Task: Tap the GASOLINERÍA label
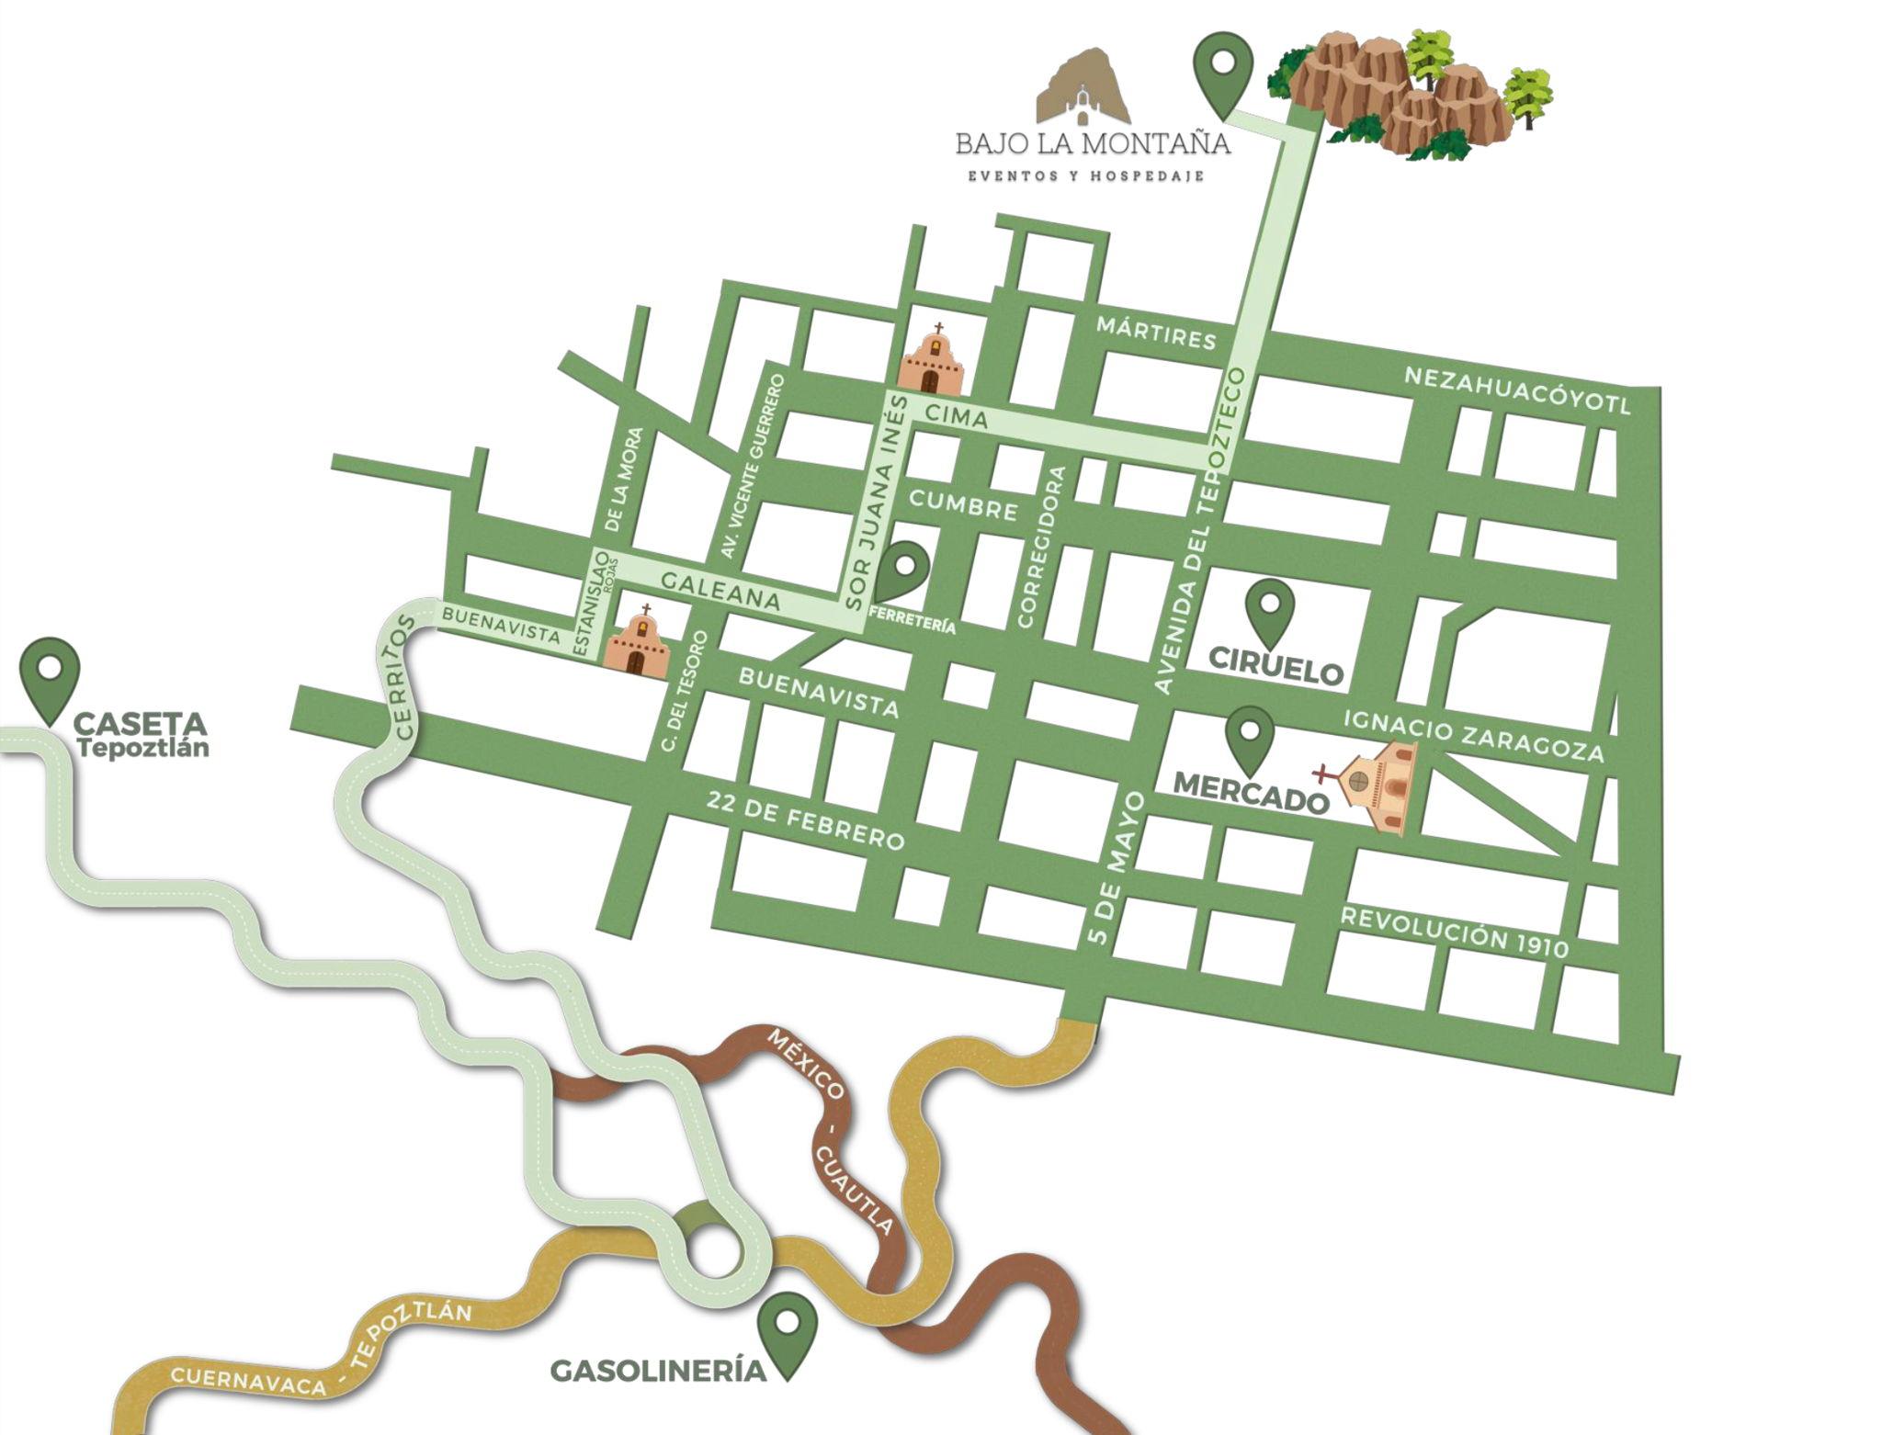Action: click(x=658, y=1372)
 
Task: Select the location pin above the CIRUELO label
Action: click(x=1270, y=611)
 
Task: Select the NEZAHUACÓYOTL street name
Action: click(x=1517, y=391)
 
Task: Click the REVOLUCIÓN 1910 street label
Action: click(x=1454, y=932)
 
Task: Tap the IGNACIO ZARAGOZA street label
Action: click(x=1474, y=735)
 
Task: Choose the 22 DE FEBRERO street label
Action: click(x=805, y=820)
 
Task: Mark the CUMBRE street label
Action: click(x=963, y=503)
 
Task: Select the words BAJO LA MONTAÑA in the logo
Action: click(x=1092, y=144)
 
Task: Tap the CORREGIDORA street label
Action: click(x=1041, y=547)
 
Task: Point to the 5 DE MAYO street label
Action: click(x=1115, y=867)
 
